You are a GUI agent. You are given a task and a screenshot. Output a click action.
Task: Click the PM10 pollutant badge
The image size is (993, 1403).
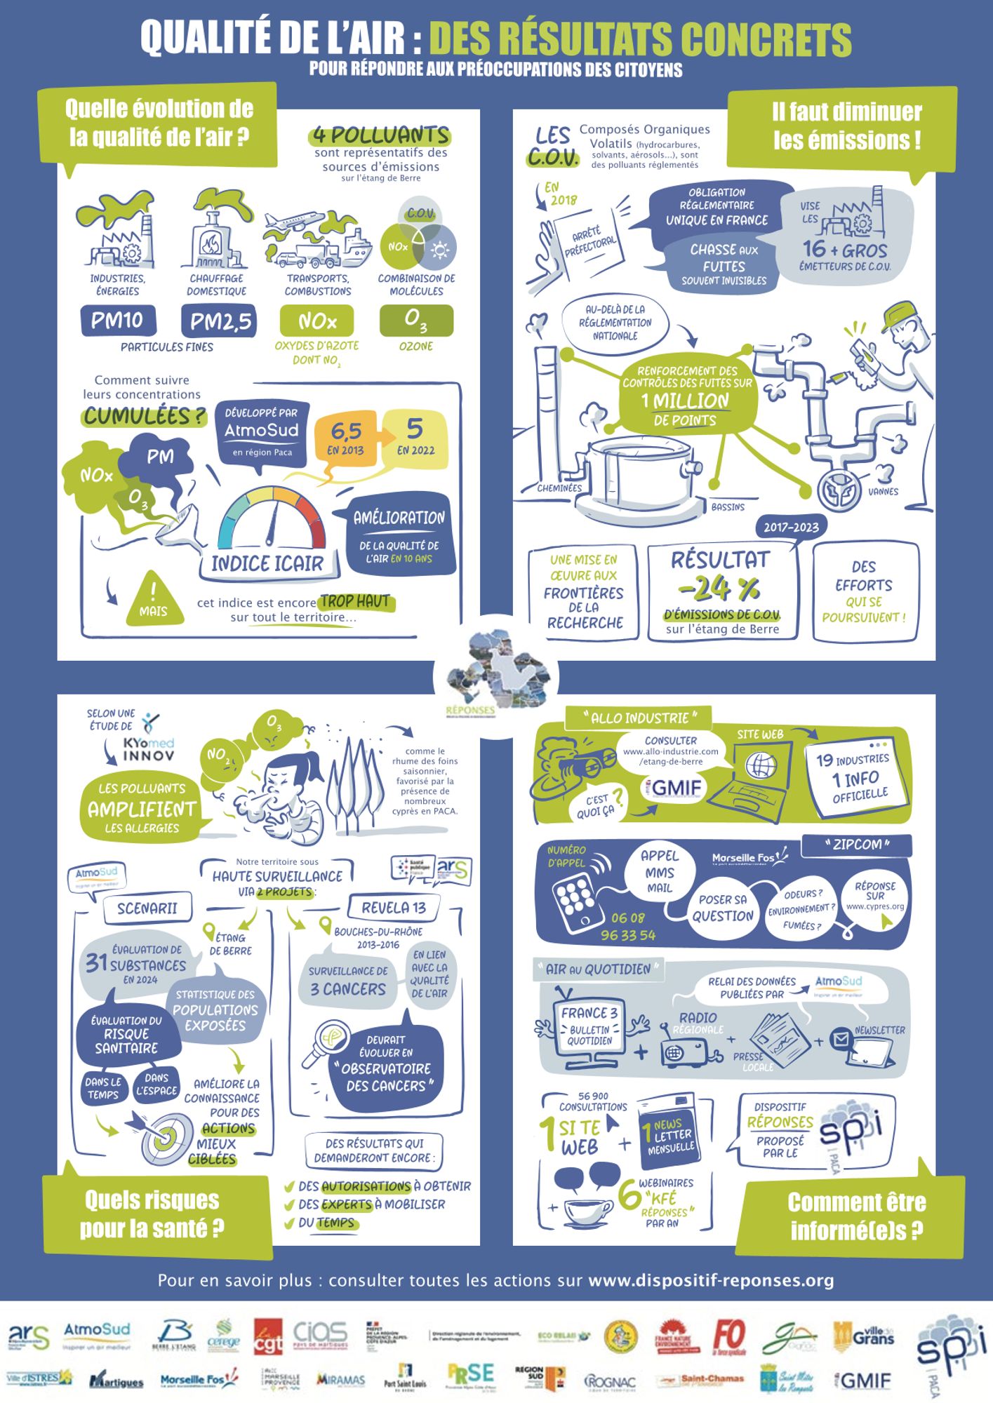click(117, 321)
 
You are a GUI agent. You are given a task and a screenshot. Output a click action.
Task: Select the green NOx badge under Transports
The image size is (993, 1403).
click(316, 321)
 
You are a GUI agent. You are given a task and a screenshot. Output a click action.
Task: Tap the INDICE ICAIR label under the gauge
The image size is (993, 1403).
click(267, 564)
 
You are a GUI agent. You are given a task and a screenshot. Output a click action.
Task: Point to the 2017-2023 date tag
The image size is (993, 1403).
click(791, 528)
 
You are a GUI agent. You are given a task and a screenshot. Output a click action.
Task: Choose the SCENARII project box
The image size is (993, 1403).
click(147, 908)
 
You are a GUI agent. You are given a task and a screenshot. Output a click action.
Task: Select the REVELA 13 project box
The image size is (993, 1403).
click(394, 908)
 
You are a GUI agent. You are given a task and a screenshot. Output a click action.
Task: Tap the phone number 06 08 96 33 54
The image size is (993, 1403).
click(628, 927)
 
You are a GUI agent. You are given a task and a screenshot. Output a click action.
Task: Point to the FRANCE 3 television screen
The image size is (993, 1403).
click(589, 1026)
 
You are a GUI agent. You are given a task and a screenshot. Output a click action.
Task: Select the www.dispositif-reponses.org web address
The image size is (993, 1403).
click(711, 1281)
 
